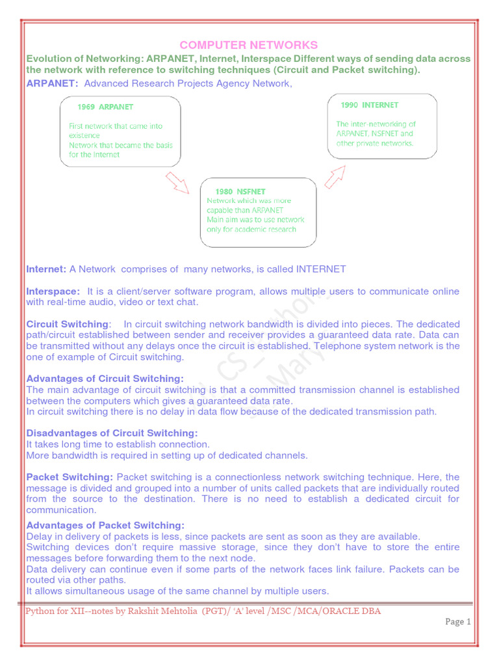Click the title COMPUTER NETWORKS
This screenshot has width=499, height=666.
(x=249, y=45)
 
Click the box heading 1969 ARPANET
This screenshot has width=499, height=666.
(x=105, y=107)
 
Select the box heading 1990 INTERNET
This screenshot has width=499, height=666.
(x=370, y=105)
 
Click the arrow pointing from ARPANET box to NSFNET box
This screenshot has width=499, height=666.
(x=177, y=183)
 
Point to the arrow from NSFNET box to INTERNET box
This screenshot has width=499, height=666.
(x=335, y=176)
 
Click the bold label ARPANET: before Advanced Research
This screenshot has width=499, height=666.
(x=52, y=83)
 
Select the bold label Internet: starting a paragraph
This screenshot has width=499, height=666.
(x=45, y=269)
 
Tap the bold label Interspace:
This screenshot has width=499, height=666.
(x=53, y=291)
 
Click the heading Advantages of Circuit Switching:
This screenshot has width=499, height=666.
(x=105, y=379)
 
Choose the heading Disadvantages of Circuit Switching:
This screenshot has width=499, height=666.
(x=112, y=433)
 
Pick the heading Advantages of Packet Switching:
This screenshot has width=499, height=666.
(x=105, y=526)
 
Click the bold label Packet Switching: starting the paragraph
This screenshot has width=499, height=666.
(x=70, y=477)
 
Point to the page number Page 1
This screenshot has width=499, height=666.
(x=458, y=622)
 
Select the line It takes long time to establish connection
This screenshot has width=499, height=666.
(x=118, y=444)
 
